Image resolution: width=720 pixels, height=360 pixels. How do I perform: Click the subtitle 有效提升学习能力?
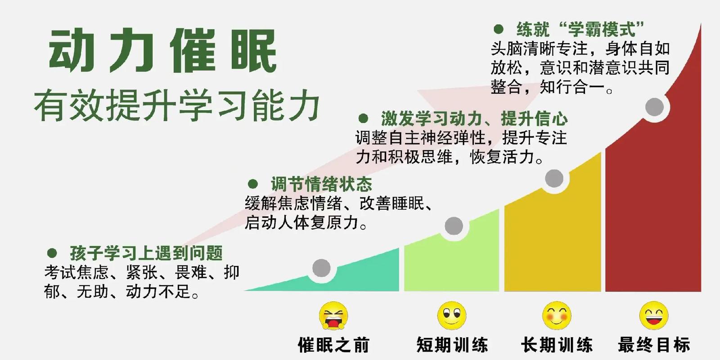176,106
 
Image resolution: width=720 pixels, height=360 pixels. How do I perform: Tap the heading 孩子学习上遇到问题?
146,253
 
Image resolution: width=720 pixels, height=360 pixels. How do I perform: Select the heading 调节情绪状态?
321,184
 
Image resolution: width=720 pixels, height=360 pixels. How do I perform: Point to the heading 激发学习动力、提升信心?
474,119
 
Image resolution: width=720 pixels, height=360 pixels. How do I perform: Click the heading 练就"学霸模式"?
580,30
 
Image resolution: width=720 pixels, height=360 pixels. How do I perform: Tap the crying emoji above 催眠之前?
333,316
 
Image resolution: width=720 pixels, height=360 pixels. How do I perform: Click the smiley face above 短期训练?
452,315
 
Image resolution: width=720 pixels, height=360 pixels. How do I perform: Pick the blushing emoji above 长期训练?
557,315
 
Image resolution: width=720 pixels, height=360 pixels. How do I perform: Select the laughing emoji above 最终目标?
654,315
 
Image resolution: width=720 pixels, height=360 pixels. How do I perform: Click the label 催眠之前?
333,345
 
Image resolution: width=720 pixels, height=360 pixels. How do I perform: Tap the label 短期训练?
452,345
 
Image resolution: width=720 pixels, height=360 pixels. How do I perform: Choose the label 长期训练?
557,345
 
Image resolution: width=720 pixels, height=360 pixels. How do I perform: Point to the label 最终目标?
654,345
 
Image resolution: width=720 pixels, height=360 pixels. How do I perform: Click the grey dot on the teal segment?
321,268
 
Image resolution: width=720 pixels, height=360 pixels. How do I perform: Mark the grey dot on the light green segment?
454,226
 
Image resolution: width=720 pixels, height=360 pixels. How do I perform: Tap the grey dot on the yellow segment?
554,179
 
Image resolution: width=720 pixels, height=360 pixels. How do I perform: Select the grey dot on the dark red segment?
654,107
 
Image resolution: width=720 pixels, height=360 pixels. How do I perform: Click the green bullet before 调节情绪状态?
253,184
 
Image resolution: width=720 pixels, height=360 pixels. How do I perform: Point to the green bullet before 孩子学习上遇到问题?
52,253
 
